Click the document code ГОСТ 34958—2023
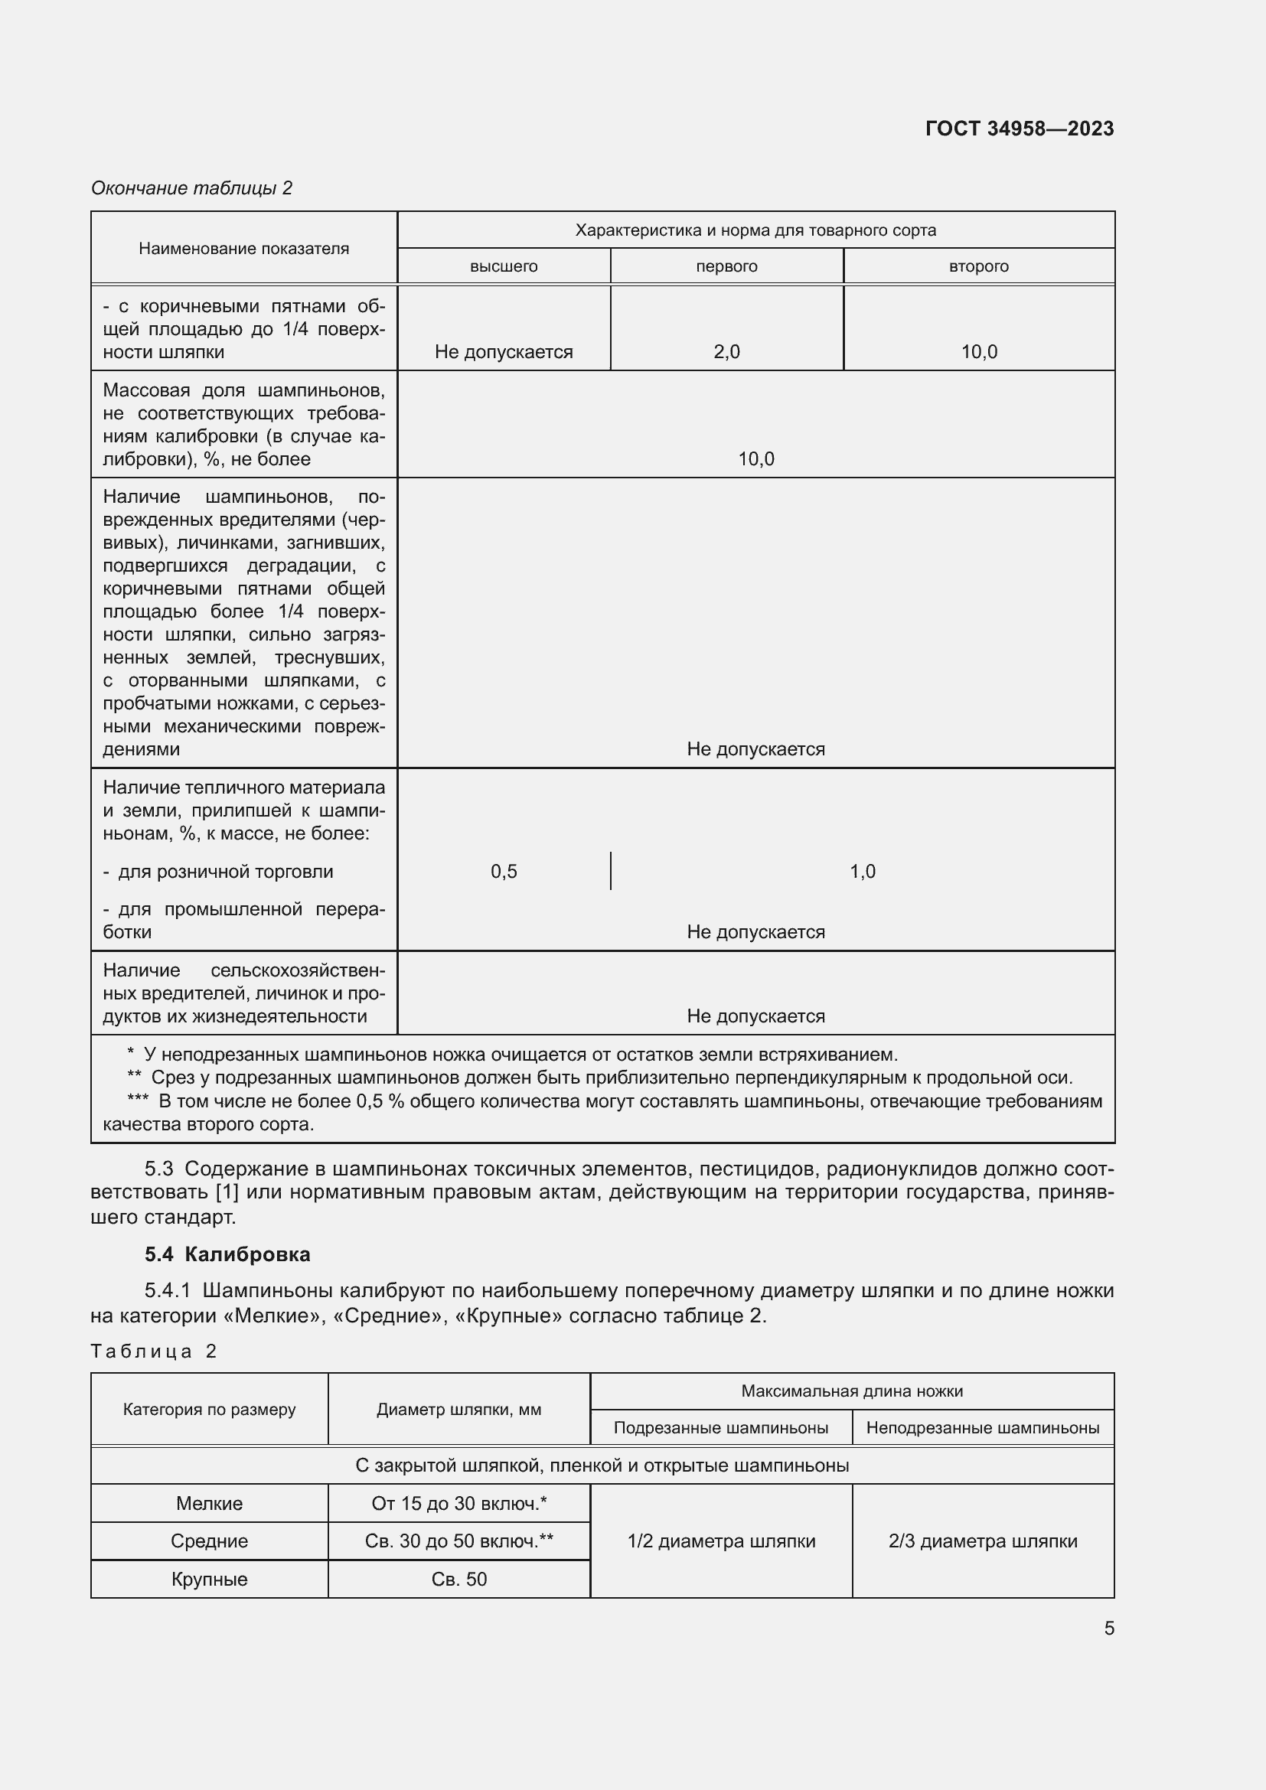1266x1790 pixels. click(x=1019, y=129)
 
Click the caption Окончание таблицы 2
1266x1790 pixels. click(x=192, y=188)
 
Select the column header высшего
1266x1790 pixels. click(x=504, y=266)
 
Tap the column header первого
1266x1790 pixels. click(x=726, y=266)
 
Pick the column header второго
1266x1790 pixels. click(x=978, y=266)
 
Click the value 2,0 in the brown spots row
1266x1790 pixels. click(x=726, y=351)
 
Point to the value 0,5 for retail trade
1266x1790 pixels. click(x=504, y=871)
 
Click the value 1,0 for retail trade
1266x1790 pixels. click(x=862, y=871)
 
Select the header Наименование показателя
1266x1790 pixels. click(x=244, y=249)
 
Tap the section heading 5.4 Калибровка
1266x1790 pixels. click(x=227, y=1254)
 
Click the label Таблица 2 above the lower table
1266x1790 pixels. click(x=154, y=1351)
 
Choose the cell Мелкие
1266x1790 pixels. click(x=209, y=1503)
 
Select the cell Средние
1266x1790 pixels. click(x=209, y=1541)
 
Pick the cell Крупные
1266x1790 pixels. click(x=209, y=1579)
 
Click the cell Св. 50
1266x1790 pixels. click(x=459, y=1579)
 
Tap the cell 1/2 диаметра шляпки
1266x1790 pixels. click(x=721, y=1541)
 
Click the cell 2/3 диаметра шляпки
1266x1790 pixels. click(x=982, y=1541)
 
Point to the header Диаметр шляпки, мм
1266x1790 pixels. click(x=458, y=1410)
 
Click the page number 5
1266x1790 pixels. click(x=1108, y=1629)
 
